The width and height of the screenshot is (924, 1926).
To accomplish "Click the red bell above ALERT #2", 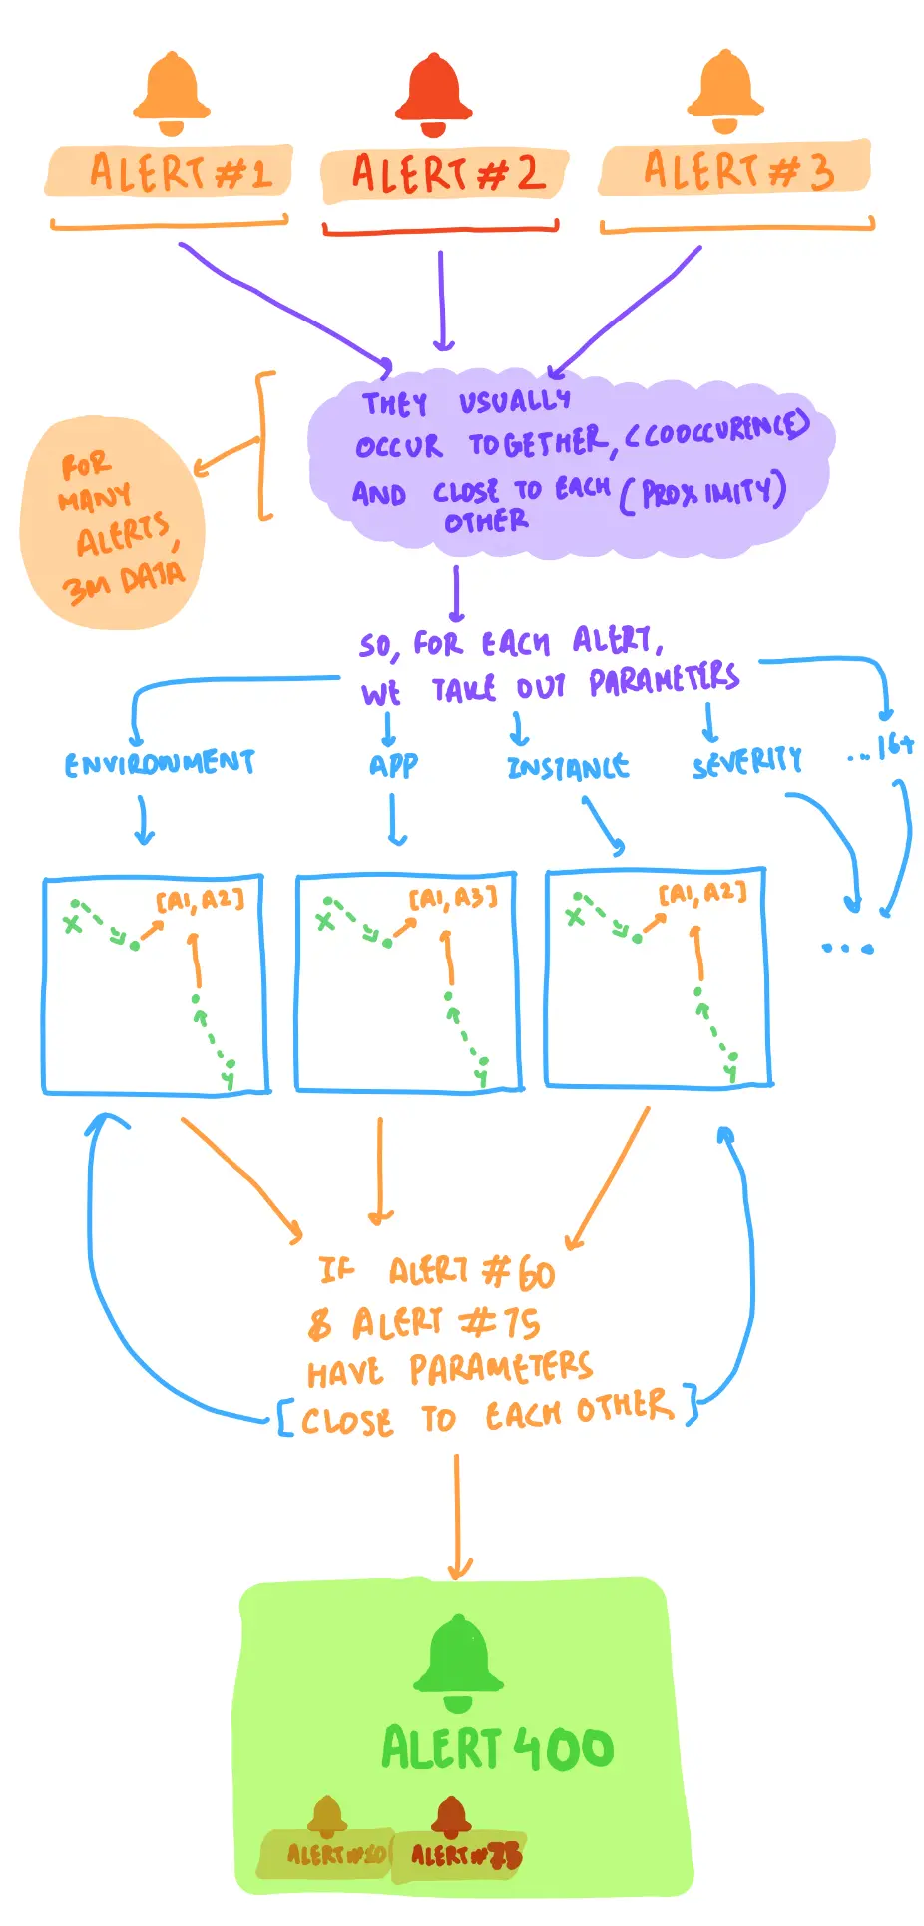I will click(x=433, y=96).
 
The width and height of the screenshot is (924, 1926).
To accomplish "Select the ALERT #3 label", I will click(x=735, y=169).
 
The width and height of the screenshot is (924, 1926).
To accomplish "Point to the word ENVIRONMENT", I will click(x=160, y=764).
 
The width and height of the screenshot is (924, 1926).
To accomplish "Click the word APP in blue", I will click(x=393, y=765).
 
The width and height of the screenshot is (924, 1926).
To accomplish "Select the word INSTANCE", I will click(x=568, y=767).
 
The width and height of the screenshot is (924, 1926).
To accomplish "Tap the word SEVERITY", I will click(x=747, y=763).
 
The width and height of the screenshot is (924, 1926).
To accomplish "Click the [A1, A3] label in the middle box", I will click(x=452, y=899).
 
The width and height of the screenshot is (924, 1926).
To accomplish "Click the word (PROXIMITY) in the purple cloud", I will click(x=702, y=492).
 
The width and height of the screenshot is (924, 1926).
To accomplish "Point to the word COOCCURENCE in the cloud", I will click(x=717, y=428).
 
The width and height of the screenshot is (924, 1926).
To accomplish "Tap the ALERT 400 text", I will click(x=498, y=1748).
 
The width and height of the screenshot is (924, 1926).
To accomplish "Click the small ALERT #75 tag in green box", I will click(x=465, y=1855).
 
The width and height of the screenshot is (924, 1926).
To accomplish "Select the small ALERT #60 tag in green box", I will click(x=334, y=1854).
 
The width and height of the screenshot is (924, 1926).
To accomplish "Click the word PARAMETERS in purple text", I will click(x=663, y=680).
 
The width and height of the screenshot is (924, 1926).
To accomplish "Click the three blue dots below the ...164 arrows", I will click(x=847, y=947).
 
